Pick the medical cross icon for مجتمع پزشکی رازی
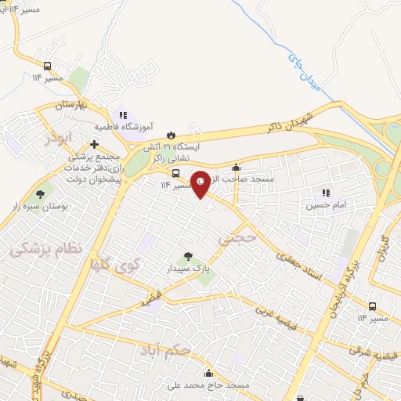95,144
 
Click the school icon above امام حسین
326,193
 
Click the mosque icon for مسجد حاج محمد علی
208,373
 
